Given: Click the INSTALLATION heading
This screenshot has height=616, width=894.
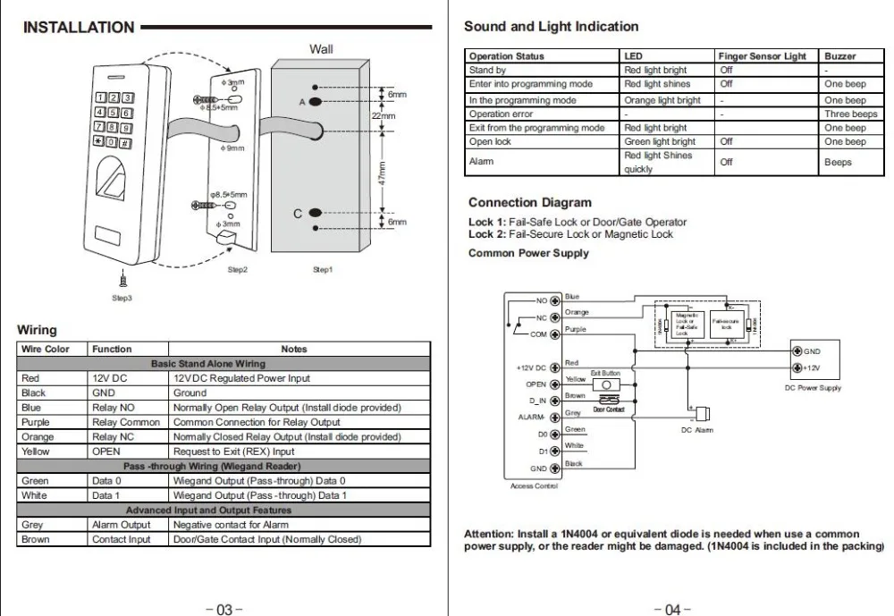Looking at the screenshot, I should coord(79,27).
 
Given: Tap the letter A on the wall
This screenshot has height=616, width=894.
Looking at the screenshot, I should coord(302,102).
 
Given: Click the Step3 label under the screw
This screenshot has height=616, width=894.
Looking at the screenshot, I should coord(122,298).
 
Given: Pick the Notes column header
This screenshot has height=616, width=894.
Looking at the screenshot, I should coord(293,349).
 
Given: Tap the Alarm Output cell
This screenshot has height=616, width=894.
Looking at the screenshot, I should coord(122,525).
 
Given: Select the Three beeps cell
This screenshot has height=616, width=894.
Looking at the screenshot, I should coord(850,114).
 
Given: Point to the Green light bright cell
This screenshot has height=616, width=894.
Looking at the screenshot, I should coord(659,141).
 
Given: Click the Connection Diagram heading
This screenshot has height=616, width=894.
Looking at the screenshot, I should coord(529,203).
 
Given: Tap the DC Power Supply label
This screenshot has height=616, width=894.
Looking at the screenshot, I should coord(812,388).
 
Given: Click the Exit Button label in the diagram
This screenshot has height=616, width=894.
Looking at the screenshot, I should coord(605,373).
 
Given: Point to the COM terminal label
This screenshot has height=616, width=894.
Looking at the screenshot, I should coord(538,334).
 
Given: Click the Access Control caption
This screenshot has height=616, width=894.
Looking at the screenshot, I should coord(534,485).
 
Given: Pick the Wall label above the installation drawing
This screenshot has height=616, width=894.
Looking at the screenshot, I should coord(321,49).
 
